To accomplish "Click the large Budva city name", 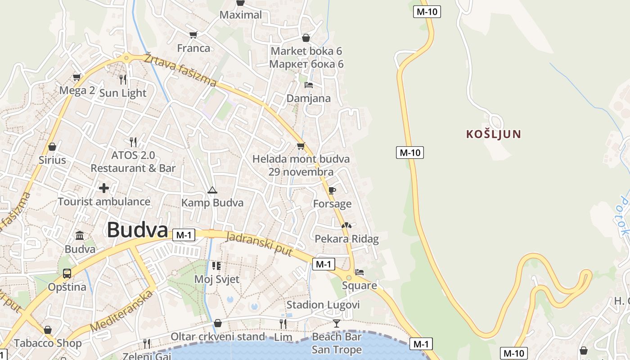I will coord(137,230).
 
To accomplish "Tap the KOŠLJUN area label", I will coord(494,134).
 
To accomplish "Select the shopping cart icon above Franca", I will coord(193,35).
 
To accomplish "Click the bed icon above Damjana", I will coord(309,85).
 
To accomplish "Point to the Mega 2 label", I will coord(77,90).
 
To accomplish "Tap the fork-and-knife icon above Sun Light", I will coord(123,80).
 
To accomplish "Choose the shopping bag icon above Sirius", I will coord(52,147).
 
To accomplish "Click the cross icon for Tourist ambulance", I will coord(104,188).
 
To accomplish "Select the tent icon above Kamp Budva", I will coord(212,190).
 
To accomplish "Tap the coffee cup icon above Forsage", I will coord(332,191).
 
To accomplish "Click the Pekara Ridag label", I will coord(346,238).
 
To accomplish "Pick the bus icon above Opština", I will coord(67,273).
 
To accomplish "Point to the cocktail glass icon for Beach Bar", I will coord(337,323).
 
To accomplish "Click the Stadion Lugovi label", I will coord(323,305).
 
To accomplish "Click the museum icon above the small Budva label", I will coord(80,235).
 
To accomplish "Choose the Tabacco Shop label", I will coord(48,343).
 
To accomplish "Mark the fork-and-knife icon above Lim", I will coord(283,324).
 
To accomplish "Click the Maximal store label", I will coord(241,15).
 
